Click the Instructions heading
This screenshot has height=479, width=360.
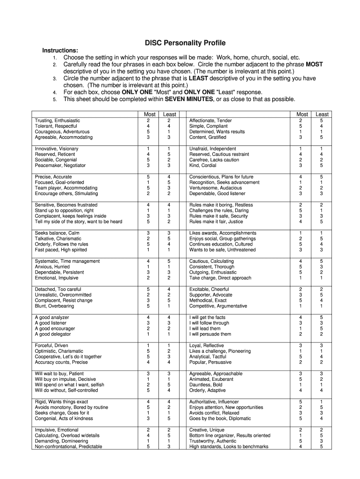click(x=60, y=51)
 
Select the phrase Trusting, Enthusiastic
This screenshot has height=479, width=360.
click(x=58, y=121)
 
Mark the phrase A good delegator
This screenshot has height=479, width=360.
click(x=53, y=334)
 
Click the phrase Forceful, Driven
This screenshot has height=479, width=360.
click(x=51, y=346)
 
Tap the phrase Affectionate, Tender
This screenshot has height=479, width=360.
click(x=210, y=121)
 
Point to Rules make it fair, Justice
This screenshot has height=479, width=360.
click(x=216, y=222)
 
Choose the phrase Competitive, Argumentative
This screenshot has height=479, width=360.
click(x=218, y=306)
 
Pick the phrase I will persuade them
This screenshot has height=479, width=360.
click(x=210, y=334)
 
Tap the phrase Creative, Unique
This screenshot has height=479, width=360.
click(x=207, y=430)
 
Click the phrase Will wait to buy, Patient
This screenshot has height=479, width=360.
click(x=59, y=374)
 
